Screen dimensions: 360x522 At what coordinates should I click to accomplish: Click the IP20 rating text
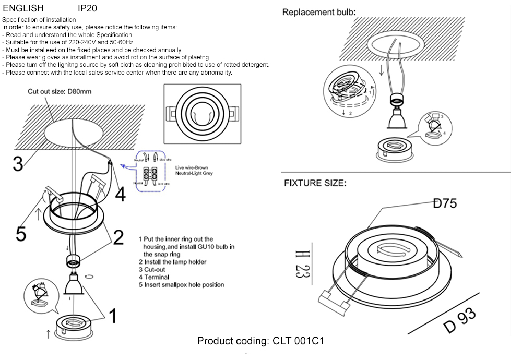pyautogui.click(x=87, y=9)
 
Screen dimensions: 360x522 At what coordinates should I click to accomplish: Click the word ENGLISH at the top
pyautogui.click(x=23, y=9)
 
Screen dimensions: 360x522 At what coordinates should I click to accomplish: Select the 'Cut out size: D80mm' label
pyautogui.click(x=60, y=92)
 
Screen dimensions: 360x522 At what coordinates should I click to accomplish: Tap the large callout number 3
pyautogui.click(x=18, y=164)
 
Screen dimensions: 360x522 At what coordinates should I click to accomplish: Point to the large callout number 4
pyautogui.click(x=120, y=195)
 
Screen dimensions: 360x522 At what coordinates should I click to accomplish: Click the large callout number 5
pyautogui.click(x=20, y=234)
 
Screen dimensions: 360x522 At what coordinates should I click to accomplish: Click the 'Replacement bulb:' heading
pyautogui.click(x=319, y=12)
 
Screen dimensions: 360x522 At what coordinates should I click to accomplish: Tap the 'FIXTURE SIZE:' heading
pyautogui.click(x=314, y=183)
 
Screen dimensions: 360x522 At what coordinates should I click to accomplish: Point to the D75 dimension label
pyautogui.click(x=445, y=203)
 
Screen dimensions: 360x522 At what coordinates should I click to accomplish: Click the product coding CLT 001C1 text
pyautogui.click(x=261, y=341)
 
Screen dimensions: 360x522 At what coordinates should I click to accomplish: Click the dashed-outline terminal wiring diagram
pyautogui.click(x=151, y=171)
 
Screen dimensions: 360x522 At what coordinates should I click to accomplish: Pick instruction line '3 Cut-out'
pyautogui.click(x=152, y=270)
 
